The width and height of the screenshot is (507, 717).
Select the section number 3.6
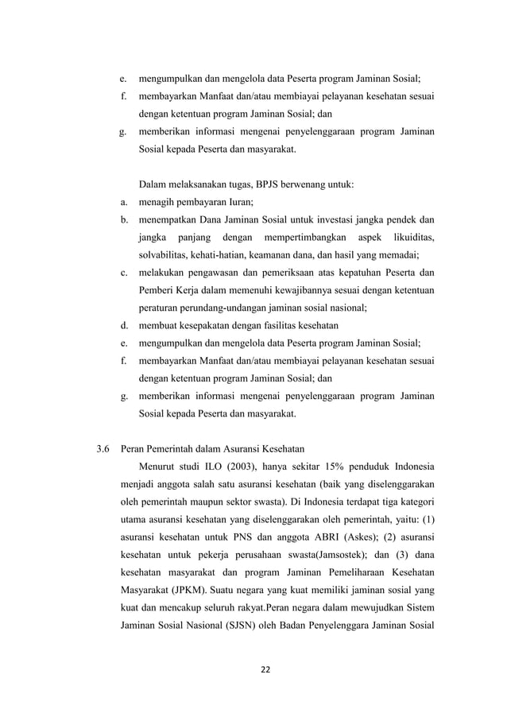[103, 447]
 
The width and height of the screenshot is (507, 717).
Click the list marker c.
[125, 273]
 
